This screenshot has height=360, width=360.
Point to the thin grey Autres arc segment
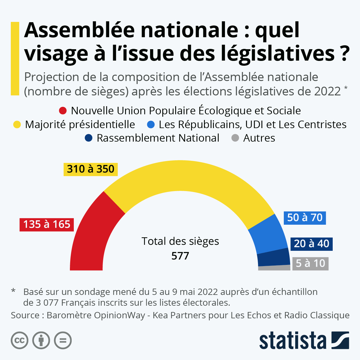click(x=274, y=268)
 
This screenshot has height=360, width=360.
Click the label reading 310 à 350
click(x=91, y=169)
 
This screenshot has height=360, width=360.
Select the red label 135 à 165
click(x=47, y=224)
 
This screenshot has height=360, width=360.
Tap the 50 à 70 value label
click(x=305, y=217)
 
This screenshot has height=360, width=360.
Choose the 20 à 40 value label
click(x=311, y=244)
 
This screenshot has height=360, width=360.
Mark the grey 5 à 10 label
click(x=310, y=263)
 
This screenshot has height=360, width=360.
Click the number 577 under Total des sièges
click(x=180, y=256)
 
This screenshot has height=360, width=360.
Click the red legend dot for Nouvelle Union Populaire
click(x=63, y=111)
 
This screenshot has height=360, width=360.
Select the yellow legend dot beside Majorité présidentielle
click(x=17, y=124)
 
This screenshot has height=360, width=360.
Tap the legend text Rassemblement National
click(x=158, y=138)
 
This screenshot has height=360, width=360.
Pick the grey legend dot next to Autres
click(x=235, y=138)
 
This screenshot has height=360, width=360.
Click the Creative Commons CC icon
click(x=19, y=340)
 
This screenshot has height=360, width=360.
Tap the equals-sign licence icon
click(x=63, y=340)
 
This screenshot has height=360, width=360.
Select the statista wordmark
click(x=292, y=340)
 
